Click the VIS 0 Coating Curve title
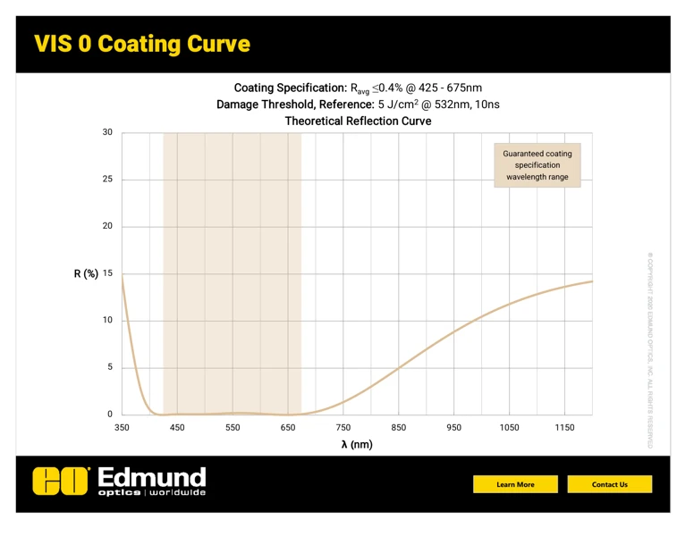coord(142,44)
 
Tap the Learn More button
coord(515,484)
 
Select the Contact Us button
coord(610,484)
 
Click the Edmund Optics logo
coord(119,481)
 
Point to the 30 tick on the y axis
coord(107,133)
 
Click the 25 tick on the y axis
coord(107,180)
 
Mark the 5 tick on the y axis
coord(108,367)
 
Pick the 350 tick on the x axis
coord(122,428)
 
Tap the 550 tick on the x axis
coord(233,428)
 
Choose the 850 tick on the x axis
coord(399,428)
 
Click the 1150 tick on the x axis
coord(564,428)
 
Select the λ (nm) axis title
coord(357,445)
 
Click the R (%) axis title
coord(86,273)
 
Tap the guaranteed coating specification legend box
coord(537,165)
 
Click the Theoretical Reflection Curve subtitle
coord(358,121)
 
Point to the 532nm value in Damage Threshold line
coord(453,105)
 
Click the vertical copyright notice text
coord(650,348)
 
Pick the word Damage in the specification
coord(239,105)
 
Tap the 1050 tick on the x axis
coord(509,428)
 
